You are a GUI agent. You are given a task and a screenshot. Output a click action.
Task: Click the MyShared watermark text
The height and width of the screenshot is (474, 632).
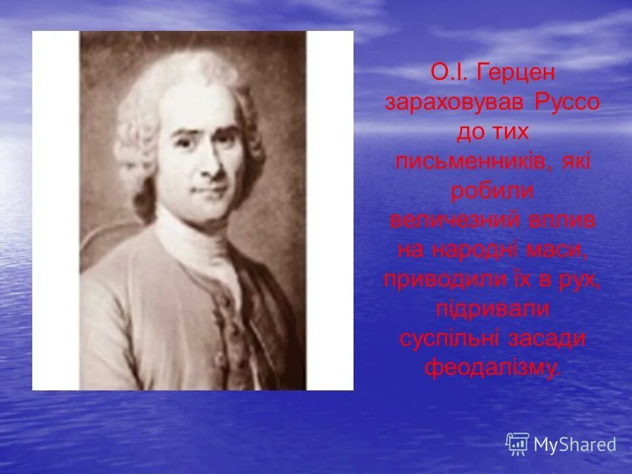(574, 444)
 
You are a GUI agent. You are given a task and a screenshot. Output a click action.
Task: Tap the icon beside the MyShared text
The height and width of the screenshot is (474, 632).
(517, 444)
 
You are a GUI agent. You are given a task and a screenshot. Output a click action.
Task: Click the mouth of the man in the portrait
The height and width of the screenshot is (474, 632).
(209, 191)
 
